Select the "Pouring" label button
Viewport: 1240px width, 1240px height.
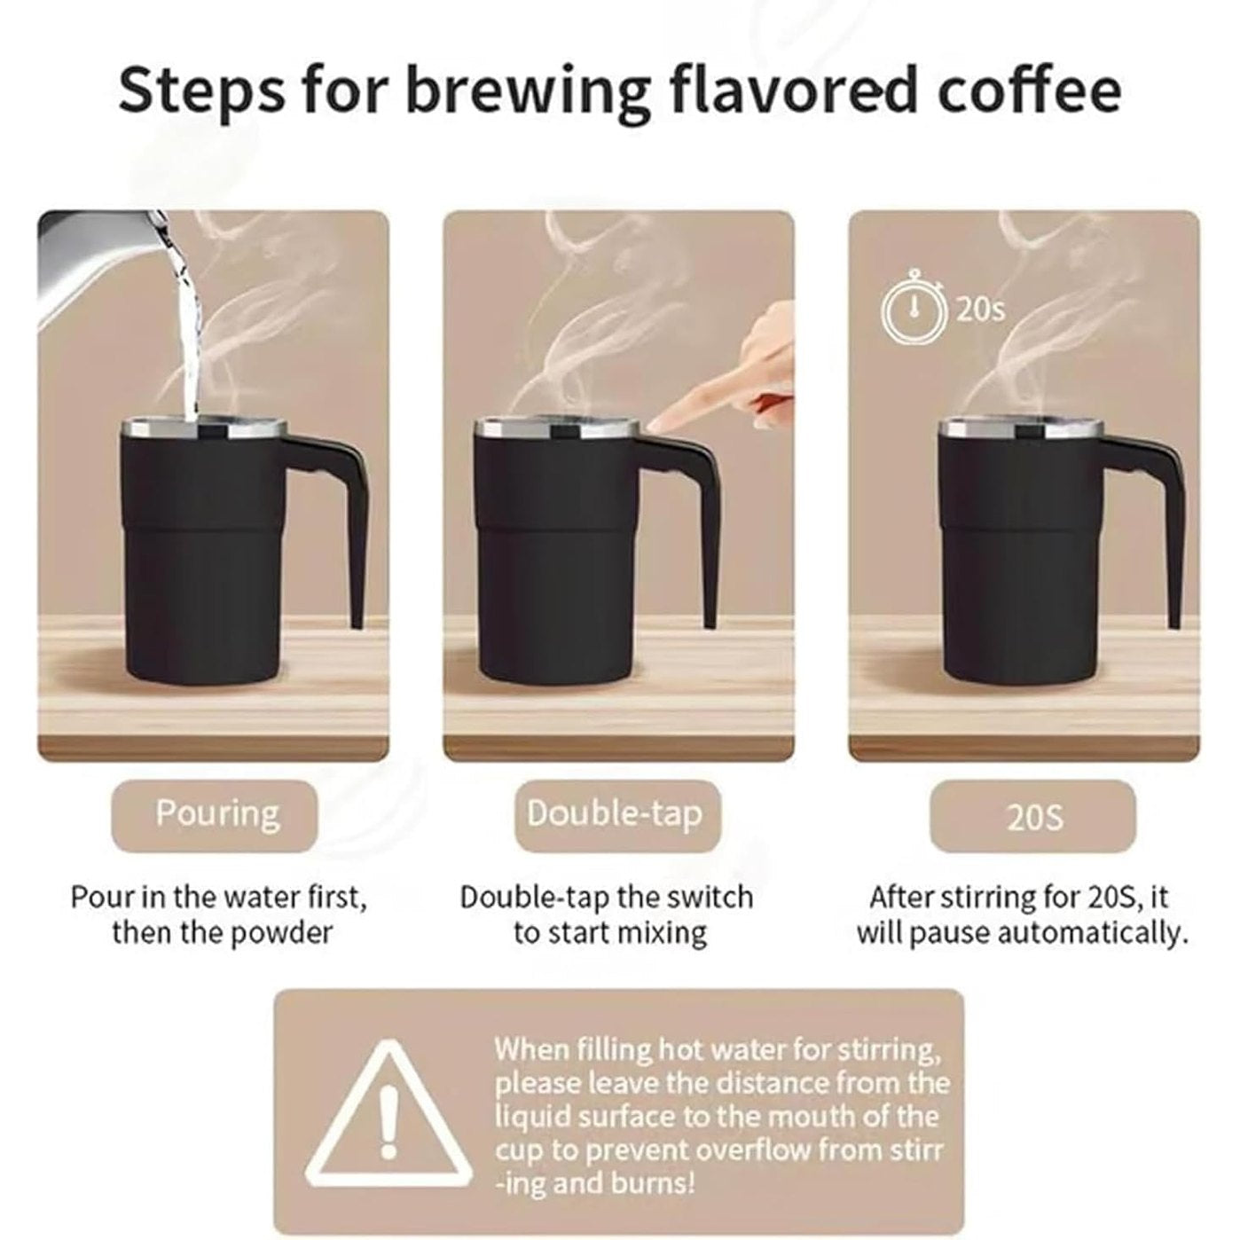[x=215, y=815]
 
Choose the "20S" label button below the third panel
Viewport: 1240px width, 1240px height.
[x=1032, y=815]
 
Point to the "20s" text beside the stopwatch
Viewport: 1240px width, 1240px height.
[x=978, y=310]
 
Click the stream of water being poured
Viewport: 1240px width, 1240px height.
[x=186, y=322]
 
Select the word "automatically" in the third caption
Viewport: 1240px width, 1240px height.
[x=1089, y=934]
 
